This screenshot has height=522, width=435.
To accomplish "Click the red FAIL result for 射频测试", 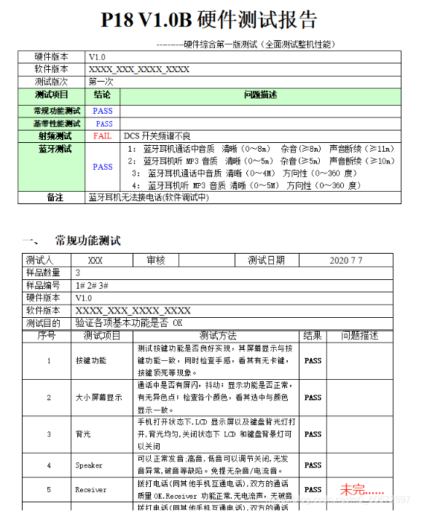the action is [102, 136].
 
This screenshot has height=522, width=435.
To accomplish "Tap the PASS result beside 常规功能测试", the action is [103, 111].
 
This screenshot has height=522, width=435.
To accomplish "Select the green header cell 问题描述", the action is [260, 95].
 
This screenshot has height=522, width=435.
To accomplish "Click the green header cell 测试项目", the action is [52, 95].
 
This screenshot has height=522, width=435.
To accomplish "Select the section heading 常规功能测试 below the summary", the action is [87, 241].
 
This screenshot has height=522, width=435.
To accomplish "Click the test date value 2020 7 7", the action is [345, 260].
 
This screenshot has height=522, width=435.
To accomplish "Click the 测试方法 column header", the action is [217, 335].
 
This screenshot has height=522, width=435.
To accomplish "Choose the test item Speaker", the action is [89, 465].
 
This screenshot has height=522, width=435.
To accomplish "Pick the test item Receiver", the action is [90, 490].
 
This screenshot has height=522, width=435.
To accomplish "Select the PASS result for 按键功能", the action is [313, 361].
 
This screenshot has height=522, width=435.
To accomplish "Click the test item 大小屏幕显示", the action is [98, 397].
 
